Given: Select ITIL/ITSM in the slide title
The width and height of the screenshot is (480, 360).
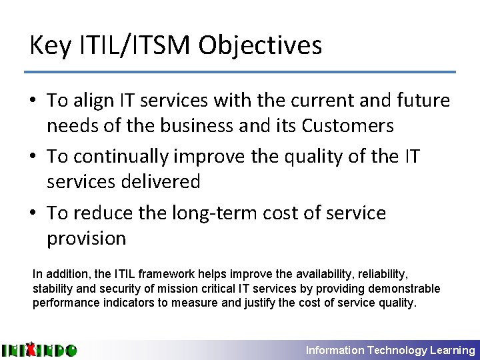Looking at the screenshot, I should pyautogui.click(x=131, y=46).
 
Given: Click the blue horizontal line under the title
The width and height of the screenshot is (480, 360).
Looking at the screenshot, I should pyautogui.click(x=240, y=71).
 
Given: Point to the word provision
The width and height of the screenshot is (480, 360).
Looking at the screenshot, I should pyautogui.click(x=86, y=237).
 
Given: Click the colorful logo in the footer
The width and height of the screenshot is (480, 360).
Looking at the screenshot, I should pyautogui.click(x=39, y=350).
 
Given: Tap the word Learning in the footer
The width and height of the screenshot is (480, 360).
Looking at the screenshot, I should pyautogui.click(x=453, y=350).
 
